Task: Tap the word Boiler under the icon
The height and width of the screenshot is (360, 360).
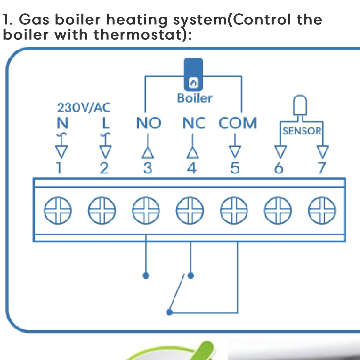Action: [194, 98]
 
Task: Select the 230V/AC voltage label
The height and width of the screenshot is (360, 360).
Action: [83, 108]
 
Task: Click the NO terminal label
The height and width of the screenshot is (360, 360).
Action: [148, 123]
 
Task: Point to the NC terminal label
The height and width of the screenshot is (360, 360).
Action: [194, 123]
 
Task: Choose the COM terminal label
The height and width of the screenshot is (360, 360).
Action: [238, 123]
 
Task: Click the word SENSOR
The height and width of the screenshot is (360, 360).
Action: [302, 131]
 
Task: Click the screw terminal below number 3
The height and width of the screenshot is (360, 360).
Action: [146, 212]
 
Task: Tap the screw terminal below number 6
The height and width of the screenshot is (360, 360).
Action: [278, 212]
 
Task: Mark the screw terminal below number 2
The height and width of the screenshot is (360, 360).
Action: [102, 212]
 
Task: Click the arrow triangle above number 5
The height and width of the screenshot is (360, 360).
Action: [236, 152]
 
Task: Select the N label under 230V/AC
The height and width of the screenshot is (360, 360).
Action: [62, 123]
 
